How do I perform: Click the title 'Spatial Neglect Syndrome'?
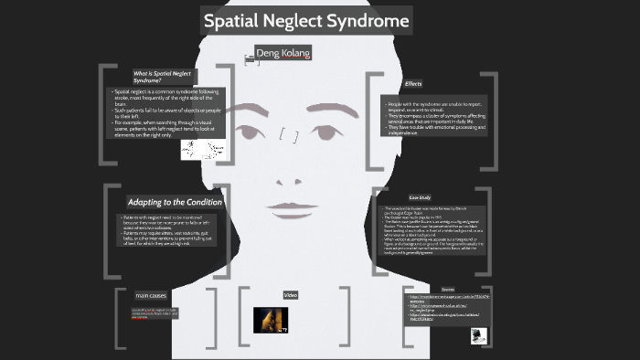(305, 19)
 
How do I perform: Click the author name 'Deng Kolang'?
(283, 54)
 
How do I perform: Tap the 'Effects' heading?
(413, 84)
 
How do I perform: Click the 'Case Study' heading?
(420, 197)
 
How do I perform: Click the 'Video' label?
(291, 295)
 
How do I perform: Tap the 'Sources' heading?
(448, 289)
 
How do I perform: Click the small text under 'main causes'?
(153, 312)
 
